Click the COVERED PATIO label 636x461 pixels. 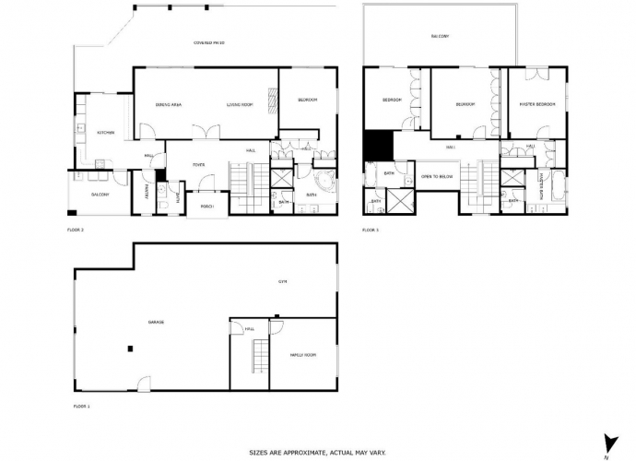pyautogui.click(x=209, y=43)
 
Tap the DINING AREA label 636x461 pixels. pyautogui.click(x=168, y=105)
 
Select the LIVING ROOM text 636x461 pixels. pyautogui.click(x=240, y=105)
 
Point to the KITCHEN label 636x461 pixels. pyautogui.click(x=105, y=133)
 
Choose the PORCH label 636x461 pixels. pyautogui.click(x=207, y=206)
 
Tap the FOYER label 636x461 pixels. pyautogui.click(x=197, y=165)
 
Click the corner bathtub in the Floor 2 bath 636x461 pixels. pyautogui.click(x=324, y=181)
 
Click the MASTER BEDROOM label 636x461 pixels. pyautogui.click(x=537, y=104)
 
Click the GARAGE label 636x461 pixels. pyautogui.click(x=157, y=323)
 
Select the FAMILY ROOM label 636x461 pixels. pyautogui.click(x=303, y=354)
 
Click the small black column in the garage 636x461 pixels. pyautogui.click(x=131, y=348)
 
